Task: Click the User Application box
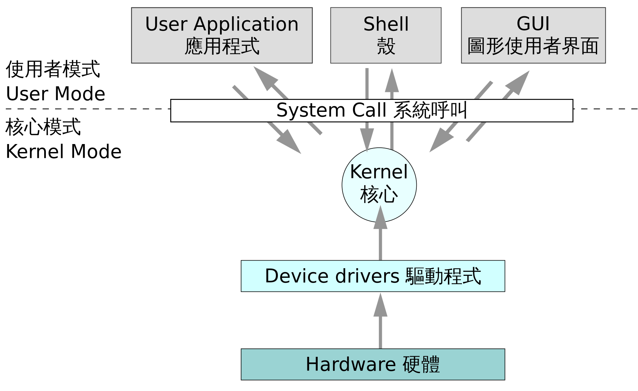[x=222, y=35]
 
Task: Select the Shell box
[x=385, y=35]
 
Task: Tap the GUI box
[x=533, y=35]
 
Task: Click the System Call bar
[x=372, y=111]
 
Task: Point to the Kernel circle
[x=379, y=185]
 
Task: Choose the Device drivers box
[x=372, y=276]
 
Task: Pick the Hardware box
[x=372, y=364]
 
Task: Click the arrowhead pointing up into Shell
[x=392, y=81]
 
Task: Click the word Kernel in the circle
[x=379, y=172]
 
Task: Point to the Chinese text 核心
[x=379, y=195]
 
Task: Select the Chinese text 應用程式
[x=222, y=46]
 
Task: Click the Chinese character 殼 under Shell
[x=386, y=46]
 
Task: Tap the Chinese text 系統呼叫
[x=430, y=111]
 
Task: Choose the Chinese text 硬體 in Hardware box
[x=421, y=364]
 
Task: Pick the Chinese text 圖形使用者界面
[x=533, y=46]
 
